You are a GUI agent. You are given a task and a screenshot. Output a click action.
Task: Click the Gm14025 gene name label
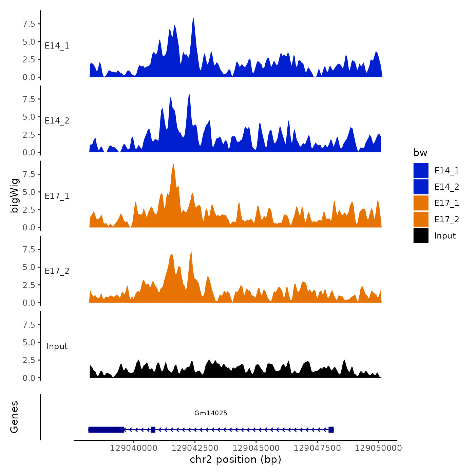point(211,413)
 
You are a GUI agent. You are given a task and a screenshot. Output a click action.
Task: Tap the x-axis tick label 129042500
point(195,448)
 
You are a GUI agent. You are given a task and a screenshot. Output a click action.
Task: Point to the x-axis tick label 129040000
point(134,448)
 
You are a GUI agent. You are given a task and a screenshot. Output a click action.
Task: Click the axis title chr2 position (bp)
point(235,459)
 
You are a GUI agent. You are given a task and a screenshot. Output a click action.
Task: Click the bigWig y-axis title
point(15,196)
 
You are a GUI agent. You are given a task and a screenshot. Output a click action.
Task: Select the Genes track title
point(14,417)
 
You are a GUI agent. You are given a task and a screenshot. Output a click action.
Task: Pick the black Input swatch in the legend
point(421,235)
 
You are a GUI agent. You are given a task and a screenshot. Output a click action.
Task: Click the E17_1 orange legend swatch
point(421,203)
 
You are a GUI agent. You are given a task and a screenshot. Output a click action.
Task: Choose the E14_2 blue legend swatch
point(421,187)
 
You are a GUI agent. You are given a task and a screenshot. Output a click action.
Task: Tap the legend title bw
point(420,153)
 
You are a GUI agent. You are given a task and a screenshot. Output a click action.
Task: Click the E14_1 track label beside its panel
point(57,46)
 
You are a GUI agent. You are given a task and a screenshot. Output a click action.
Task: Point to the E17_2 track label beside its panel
point(57,271)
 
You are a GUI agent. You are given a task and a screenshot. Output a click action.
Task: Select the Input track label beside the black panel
point(57,346)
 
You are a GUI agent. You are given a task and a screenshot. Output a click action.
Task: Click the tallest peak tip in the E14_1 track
point(193,18)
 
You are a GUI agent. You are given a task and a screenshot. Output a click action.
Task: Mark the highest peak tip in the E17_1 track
point(173,165)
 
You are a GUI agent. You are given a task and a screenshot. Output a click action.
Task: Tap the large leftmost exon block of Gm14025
point(106,430)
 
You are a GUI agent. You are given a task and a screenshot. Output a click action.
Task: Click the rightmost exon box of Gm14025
point(331,430)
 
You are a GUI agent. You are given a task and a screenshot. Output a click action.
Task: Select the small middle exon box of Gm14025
point(153,430)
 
